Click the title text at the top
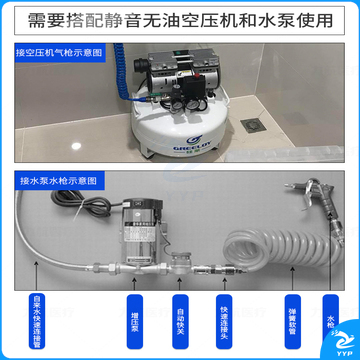pos(180,17)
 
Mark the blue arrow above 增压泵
pos(133,295)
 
